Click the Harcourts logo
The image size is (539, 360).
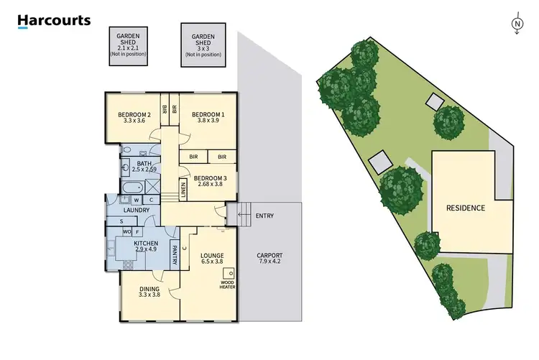pyautogui.click(x=55, y=21)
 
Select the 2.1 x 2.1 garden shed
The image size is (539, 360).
pyautogui.click(x=127, y=44)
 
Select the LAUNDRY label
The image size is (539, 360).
pyautogui.click(x=136, y=210)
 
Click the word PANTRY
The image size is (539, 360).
pyautogui.click(x=173, y=254)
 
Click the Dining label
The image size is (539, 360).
pyautogui.click(x=150, y=292)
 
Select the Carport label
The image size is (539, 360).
pyautogui.click(x=269, y=259)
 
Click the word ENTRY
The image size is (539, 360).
pyautogui.click(x=264, y=216)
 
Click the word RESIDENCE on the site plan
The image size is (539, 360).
pyautogui.click(x=466, y=208)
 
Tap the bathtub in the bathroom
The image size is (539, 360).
pyautogui.click(x=132, y=190)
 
